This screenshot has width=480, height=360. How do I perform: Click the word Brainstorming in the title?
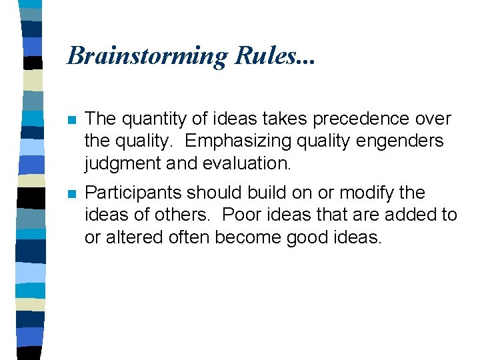tap(147, 56)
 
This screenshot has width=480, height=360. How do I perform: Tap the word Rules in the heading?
tap(266, 55)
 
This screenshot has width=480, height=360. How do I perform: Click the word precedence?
tap(353, 120)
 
